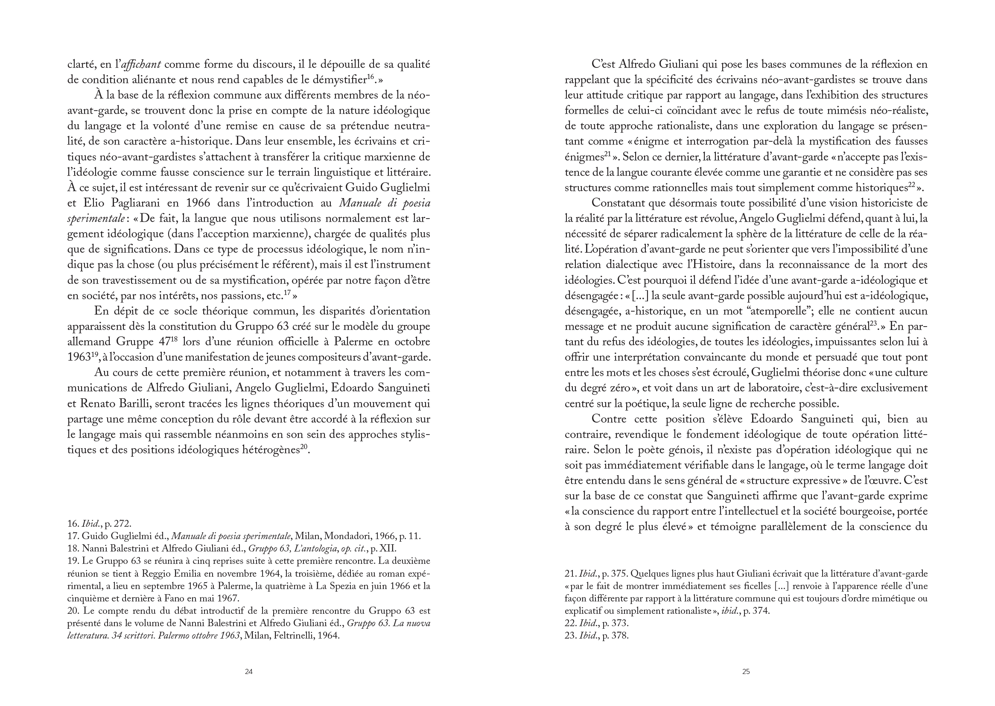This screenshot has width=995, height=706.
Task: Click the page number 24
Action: [248, 671]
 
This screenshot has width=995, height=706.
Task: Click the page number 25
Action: [746, 671]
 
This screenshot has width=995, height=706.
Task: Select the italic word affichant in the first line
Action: [141, 65]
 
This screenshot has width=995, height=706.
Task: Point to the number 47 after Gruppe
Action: [160, 342]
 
